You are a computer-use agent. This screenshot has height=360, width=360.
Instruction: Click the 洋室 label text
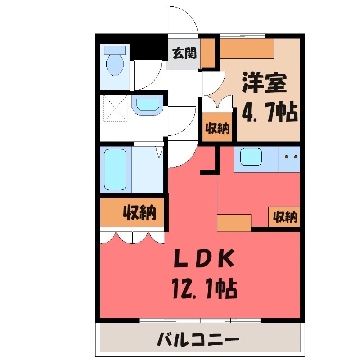pos(264,82)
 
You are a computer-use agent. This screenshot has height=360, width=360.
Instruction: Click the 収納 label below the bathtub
pos(139,212)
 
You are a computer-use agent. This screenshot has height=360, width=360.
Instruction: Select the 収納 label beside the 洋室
pos(218,128)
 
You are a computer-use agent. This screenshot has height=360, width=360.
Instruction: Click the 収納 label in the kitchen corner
pos(285,217)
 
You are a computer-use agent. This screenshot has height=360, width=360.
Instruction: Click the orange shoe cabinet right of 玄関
pos(207,53)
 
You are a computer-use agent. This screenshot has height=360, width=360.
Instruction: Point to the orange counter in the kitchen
pos(234,222)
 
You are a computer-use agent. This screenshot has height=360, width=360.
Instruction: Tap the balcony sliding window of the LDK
pos(200,320)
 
